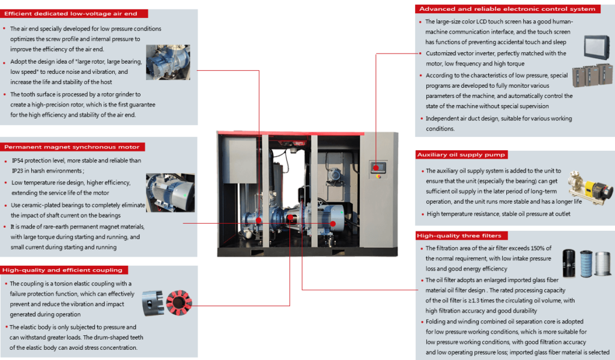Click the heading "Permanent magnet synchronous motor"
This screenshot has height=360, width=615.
pos(71,147)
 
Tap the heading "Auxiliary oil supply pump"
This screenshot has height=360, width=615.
pos(461,155)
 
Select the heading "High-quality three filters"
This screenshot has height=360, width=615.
pos(458,236)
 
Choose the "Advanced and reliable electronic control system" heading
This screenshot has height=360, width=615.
pos(507,9)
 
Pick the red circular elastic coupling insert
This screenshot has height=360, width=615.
pos(180,302)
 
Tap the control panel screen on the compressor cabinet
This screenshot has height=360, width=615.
pos(378,166)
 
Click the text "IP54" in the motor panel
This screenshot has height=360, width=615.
pos(19,161)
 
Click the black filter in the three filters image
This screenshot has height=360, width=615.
pos(569,264)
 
